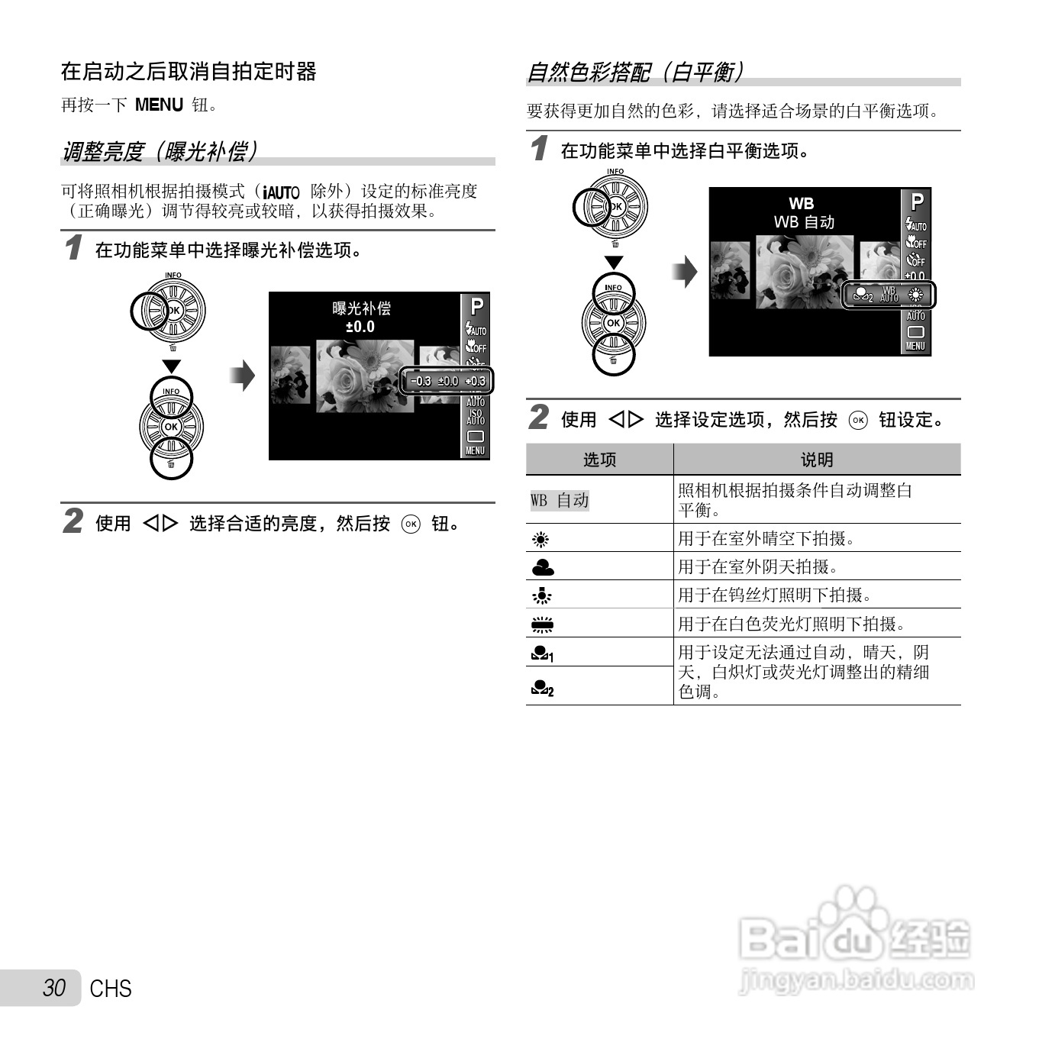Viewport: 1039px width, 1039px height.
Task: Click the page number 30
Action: pyautogui.click(x=54, y=988)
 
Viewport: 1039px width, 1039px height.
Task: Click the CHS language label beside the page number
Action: pyautogui.click(x=111, y=989)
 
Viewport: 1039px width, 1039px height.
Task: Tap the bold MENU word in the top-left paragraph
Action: pyautogui.click(x=159, y=105)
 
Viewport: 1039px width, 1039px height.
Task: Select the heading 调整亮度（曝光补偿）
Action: pyautogui.click(x=160, y=151)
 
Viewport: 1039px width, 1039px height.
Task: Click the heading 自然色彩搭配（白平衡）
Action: pyautogui.click(x=635, y=72)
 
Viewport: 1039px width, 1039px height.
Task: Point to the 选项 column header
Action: pyautogui.click(x=599, y=460)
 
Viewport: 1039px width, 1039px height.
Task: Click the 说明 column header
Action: pyautogui.click(x=816, y=460)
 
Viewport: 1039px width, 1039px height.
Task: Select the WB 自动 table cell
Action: pyautogui.click(x=560, y=500)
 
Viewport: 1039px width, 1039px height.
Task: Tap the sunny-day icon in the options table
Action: pyautogui.click(x=541, y=540)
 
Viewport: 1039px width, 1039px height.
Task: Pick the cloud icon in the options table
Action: pyautogui.click(x=543, y=567)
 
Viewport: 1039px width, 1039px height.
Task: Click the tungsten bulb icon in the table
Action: pyautogui.click(x=542, y=595)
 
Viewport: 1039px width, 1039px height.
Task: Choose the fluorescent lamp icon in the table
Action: pyautogui.click(x=542, y=624)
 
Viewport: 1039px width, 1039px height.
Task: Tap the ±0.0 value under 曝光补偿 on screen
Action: pyautogui.click(x=360, y=327)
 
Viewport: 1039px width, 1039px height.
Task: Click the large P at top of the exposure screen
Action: pyautogui.click(x=476, y=307)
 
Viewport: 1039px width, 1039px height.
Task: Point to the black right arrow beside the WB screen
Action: pyautogui.click(x=685, y=271)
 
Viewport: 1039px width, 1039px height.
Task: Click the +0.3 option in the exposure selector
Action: pyautogui.click(x=476, y=381)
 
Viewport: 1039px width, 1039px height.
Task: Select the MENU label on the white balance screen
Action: pyautogui.click(x=915, y=346)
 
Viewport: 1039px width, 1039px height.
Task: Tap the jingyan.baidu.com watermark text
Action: pyautogui.click(x=857, y=979)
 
